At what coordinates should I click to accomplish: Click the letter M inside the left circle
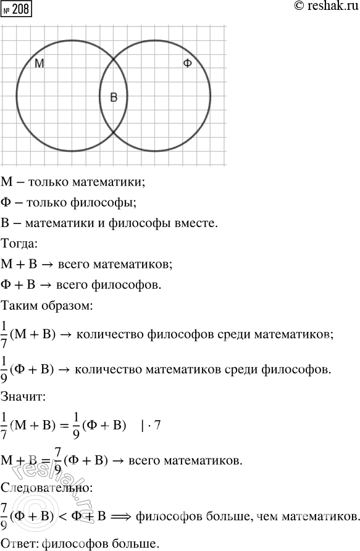click(x=39, y=64)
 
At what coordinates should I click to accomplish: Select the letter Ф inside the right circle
click(x=188, y=64)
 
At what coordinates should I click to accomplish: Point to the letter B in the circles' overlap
click(x=114, y=97)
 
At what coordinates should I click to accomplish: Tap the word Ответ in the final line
click(x=16, y=542)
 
